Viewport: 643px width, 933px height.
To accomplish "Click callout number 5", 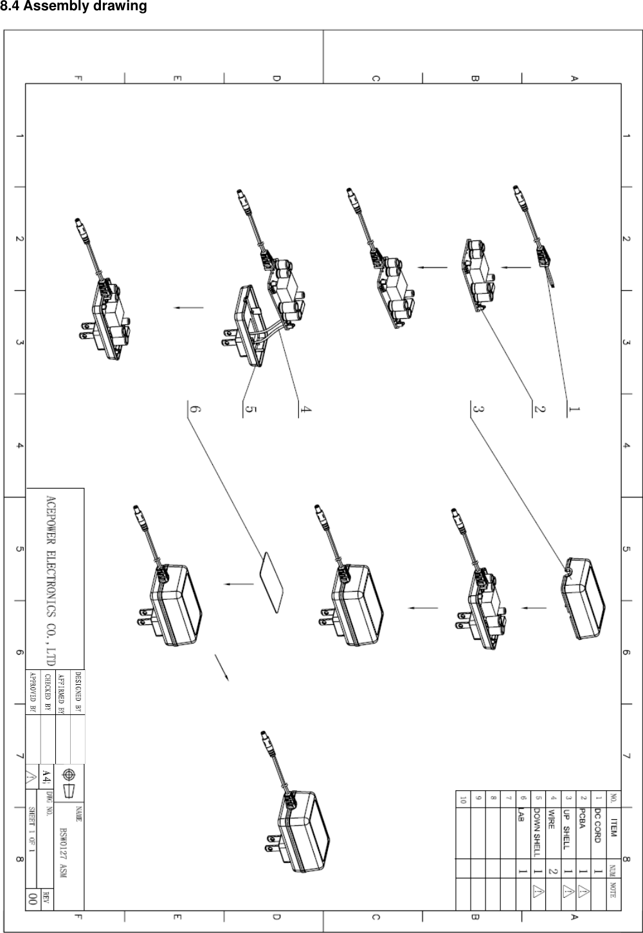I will [251, 410].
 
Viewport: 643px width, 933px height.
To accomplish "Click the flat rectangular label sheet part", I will [271, 583].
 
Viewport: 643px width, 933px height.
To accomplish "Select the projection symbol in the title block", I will [69, 782].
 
